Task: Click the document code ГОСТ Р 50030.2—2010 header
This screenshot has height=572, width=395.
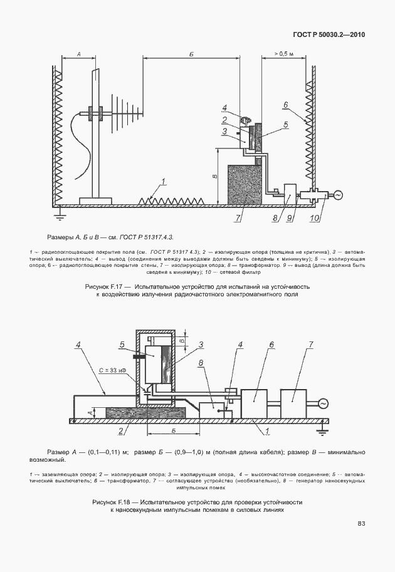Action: tap(328, 34)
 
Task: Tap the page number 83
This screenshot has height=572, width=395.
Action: tap(361, 523)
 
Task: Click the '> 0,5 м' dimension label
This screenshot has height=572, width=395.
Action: tap(276, 55)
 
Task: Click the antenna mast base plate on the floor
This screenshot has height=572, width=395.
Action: tap(95, 201)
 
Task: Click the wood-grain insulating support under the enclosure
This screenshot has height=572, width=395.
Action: tap(146, 413)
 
